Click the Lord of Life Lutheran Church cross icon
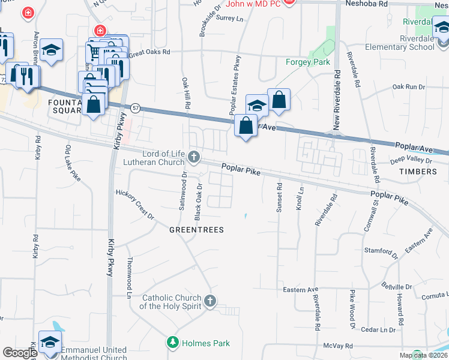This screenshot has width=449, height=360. (x=193, y=157)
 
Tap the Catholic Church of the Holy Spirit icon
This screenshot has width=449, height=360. (x=209, y=302)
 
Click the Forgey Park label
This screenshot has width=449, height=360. (x=308, y=62)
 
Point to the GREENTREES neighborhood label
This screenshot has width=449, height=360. (x=196, y=230)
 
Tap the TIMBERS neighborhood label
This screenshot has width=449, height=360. (x=418, y=172)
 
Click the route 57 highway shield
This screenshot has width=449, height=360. (x=136, y=107)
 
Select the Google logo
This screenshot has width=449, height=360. (x=19, y=353)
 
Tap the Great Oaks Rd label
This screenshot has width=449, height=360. (x=149, y=52)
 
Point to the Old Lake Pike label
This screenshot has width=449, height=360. (x=72, y=162)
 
